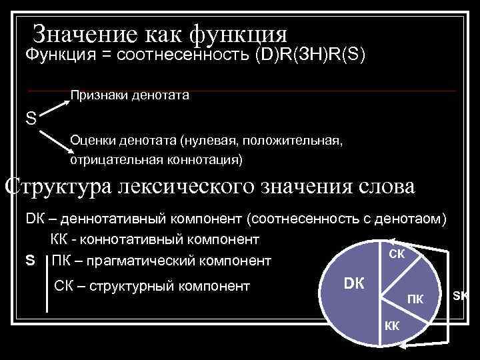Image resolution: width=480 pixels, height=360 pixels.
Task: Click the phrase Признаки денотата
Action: (x=130, y=95)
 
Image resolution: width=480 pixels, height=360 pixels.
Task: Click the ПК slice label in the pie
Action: (x=415, y=297)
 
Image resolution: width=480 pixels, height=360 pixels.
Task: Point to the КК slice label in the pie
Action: (x=391, y=325)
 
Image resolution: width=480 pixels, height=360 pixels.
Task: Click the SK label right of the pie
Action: (x=461, y=294)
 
